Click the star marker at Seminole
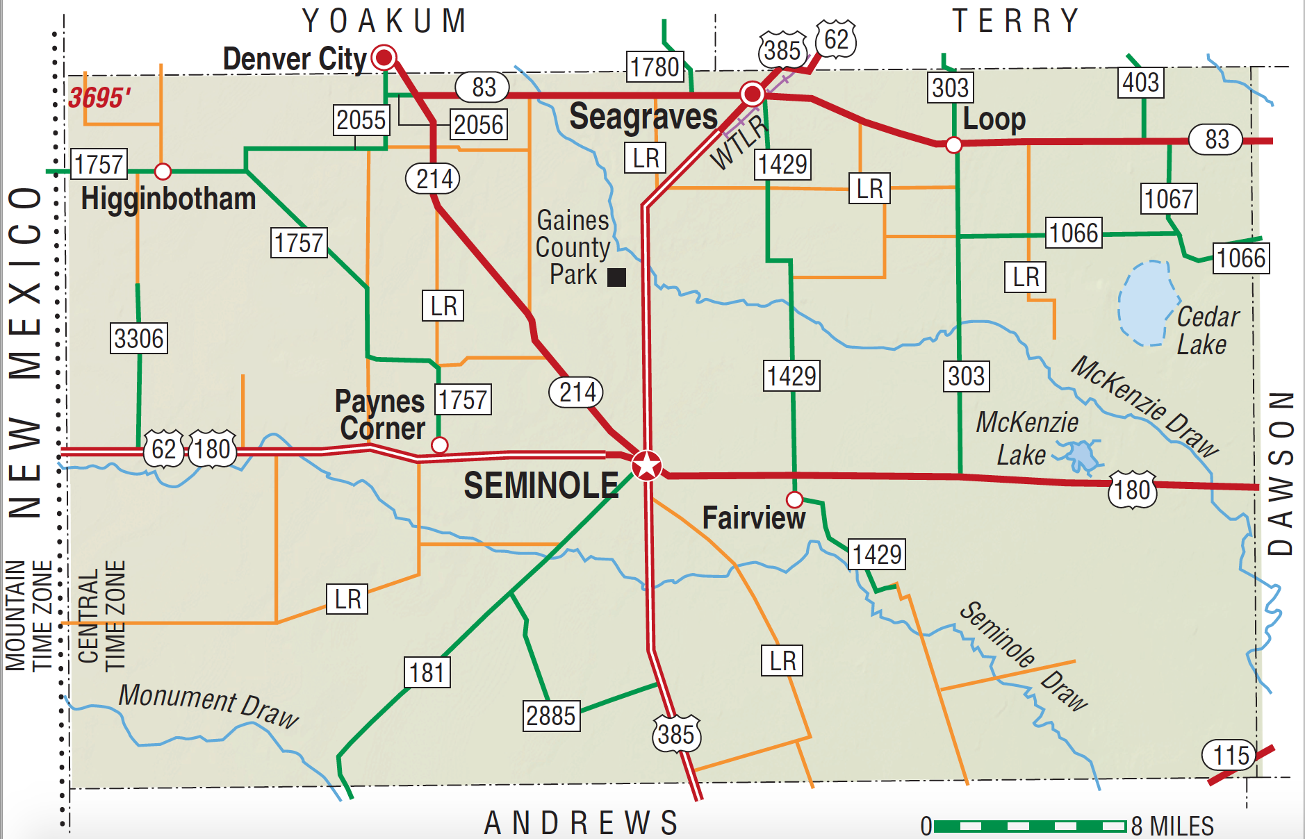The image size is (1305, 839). pos(647,465)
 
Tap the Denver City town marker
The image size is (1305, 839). pos(384,57)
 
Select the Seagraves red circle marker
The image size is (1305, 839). pos(752,93)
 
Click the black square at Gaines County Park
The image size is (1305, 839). pos(616,277)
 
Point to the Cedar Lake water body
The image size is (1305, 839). pos(1144,304)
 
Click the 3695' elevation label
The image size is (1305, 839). pos(99,97)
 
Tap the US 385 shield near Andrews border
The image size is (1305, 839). pos(676,734)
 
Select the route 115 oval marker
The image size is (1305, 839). pos(1231,755)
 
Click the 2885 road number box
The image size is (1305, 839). pos(551,716)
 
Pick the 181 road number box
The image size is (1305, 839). pos(427,672)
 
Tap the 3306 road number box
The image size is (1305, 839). pos(139,338)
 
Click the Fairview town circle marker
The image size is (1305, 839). pos(794,499)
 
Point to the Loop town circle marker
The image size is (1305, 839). pos(954,144)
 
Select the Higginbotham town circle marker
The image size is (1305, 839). pos(163,171)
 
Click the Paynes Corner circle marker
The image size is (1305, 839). pos(439,445)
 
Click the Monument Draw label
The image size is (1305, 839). pos(208,704)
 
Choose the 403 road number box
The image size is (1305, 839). pos(1141,83)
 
